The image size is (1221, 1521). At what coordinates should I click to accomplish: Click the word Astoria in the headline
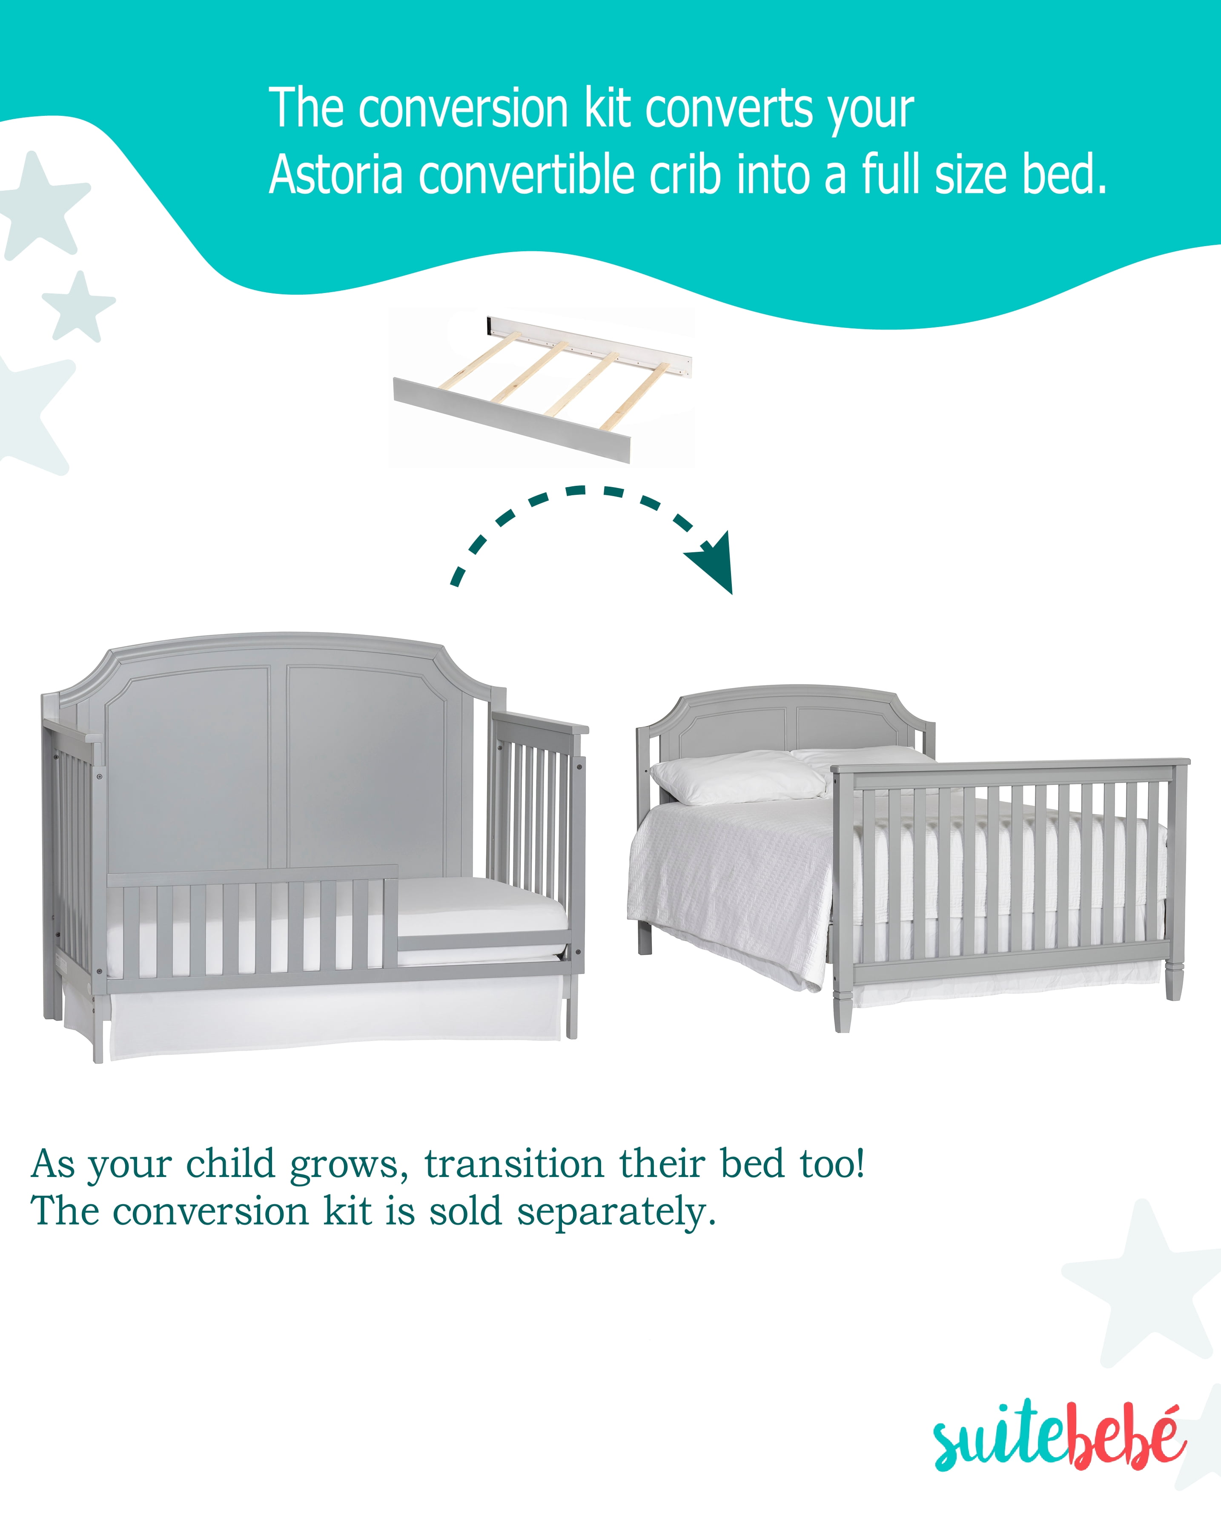point(336,174)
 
